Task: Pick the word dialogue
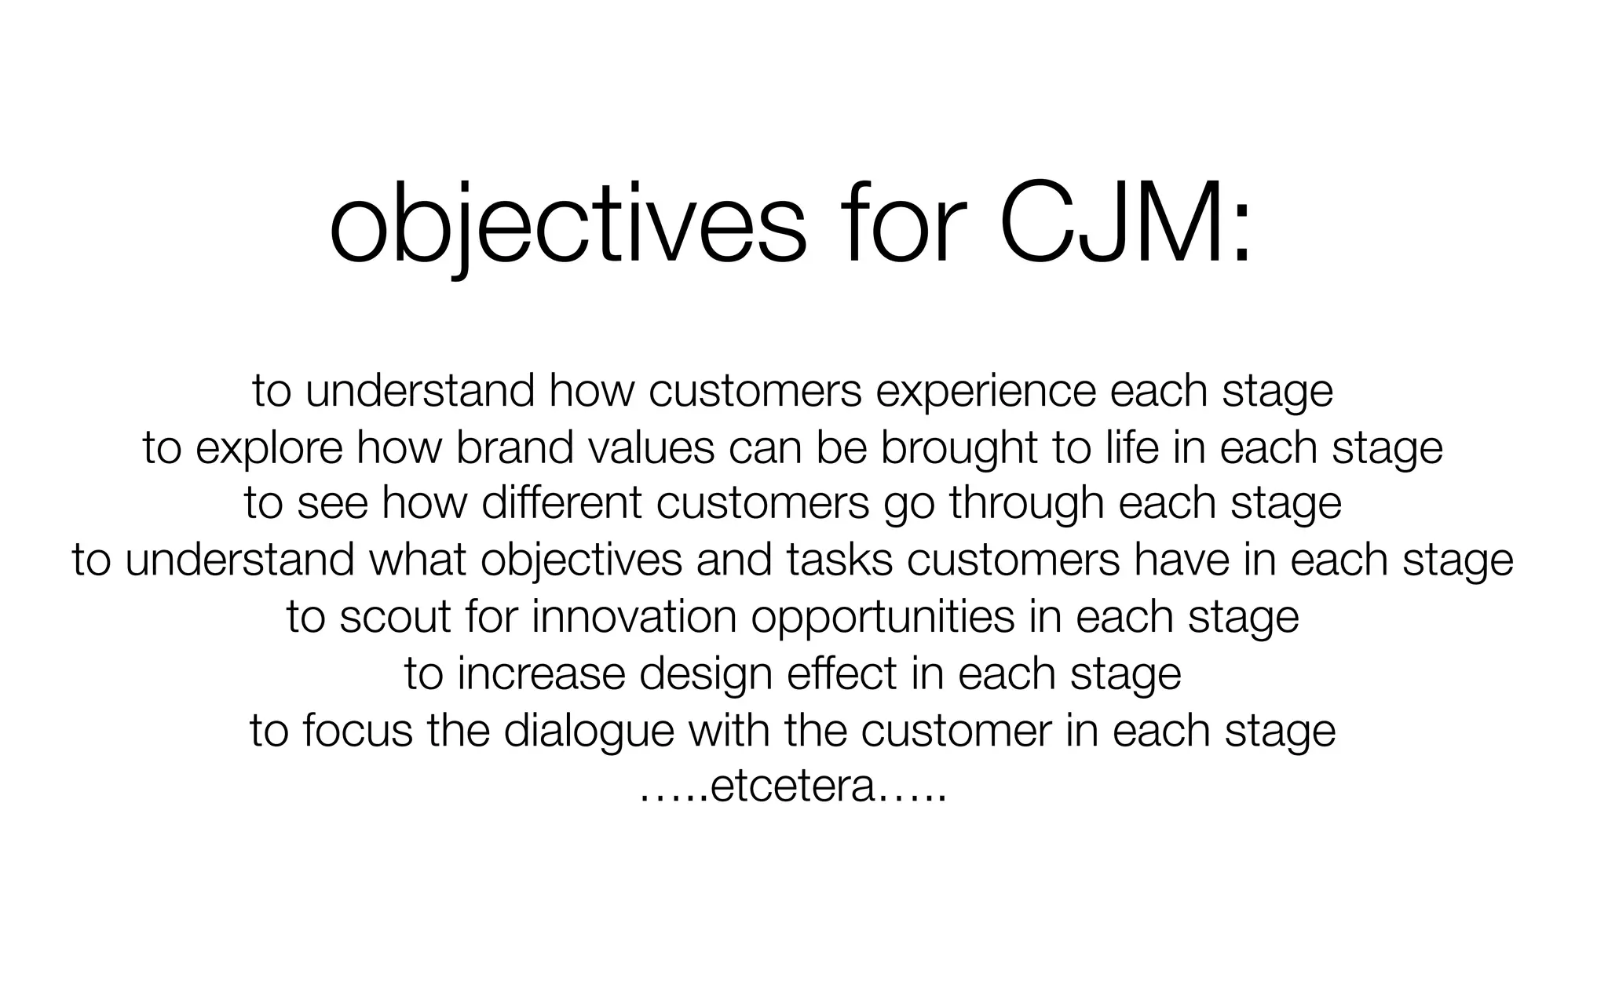[x=589, y=730]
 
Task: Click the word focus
[x=357, y=730]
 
